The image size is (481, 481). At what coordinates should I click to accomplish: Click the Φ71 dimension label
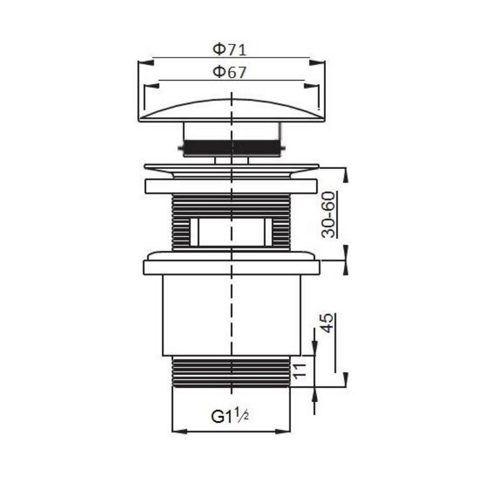(230, 50)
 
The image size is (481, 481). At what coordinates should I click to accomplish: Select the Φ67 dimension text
(230, 72)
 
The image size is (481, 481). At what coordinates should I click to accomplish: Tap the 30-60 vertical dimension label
(328, 215)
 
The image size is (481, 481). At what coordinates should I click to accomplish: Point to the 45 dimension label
(328, 323)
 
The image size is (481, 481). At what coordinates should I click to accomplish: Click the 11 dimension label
(299, 371)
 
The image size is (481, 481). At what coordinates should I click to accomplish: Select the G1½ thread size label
(230, 416)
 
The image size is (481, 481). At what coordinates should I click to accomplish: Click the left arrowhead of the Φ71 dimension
(146, 63)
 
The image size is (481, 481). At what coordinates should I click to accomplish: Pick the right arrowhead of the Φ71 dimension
(317, 63)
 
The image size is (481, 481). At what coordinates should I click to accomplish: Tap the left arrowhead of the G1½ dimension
(180, 431)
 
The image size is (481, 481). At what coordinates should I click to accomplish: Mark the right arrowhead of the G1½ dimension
(283, 431)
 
